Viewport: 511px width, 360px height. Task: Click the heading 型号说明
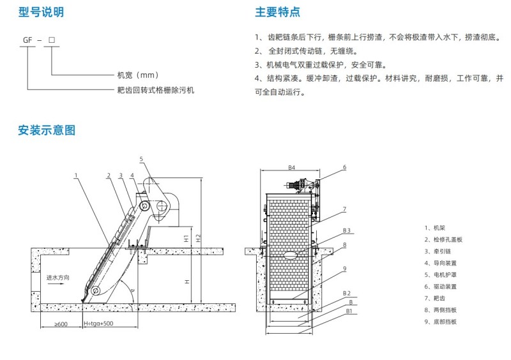41,12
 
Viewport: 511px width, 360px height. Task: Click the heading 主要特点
277,12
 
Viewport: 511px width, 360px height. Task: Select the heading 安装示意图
47,130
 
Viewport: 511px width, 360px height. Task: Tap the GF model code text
27,40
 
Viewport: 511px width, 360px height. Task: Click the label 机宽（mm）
138,75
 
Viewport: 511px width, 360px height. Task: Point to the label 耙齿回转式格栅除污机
156,90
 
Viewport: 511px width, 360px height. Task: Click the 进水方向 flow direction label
57,278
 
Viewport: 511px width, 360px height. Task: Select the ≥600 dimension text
61,324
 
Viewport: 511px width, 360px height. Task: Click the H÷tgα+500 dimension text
98,324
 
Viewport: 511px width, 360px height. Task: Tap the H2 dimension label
199,238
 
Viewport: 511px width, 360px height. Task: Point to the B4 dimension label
291,167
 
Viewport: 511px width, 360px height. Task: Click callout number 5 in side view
141,159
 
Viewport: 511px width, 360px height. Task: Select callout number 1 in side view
76,176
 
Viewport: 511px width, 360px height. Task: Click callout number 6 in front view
344,167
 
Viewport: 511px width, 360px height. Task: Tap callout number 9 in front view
344,269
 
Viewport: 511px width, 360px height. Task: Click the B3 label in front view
346,230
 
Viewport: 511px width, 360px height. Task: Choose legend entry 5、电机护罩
440,274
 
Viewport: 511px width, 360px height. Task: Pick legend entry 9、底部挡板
440,322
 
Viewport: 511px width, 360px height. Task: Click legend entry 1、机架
434,228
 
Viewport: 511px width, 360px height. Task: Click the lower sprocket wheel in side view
95,290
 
